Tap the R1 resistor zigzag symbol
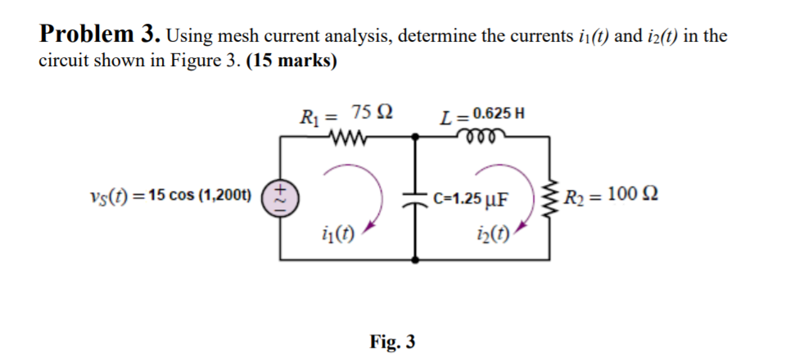pyautogui.click(x=348, y=136)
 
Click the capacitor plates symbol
pyautogui.click(x=418, y=199)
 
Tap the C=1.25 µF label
pyautogui.click(x=471, y=198)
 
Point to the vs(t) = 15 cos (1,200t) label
pyautogui.click(x=169, y=196)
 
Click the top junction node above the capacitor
pyautogui.click(x=418, y=137)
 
